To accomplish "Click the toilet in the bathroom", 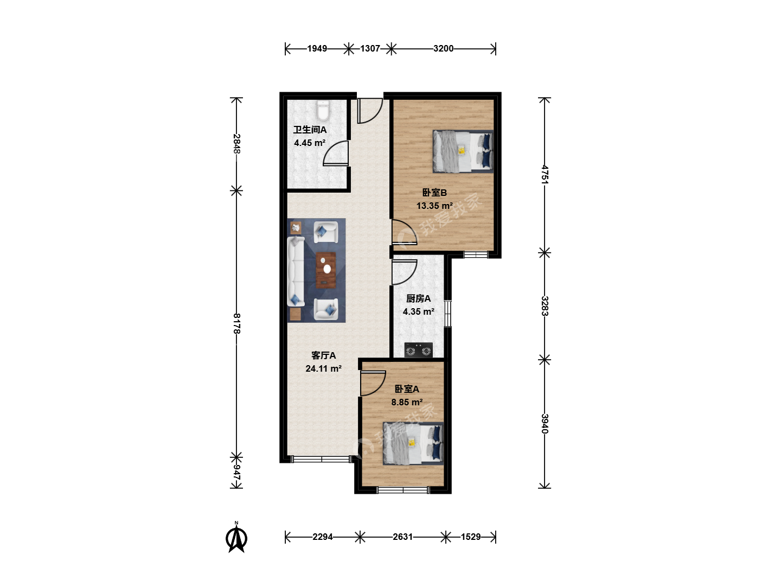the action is (x=323, y=110).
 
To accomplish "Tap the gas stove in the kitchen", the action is (x=418, y=350).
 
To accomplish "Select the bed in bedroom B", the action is (x=463, y=151).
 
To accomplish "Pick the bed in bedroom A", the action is (x=413, y=443).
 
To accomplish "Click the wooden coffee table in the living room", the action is (x=326, y=270).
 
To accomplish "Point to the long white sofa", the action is (x=296, y=272).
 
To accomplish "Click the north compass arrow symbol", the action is (x=236, y=537).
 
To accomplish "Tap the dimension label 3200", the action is (x=443, y=48).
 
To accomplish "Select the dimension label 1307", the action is (x=370, y=48).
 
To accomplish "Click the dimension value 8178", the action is (x=237, y=323).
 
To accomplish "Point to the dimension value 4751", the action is (x=545, y=175).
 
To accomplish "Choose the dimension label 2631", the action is (x=403, y=537).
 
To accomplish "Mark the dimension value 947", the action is (x=237, y=472).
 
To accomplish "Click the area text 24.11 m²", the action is (x=323, y=368).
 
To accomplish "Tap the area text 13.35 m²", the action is (x=434, y=206).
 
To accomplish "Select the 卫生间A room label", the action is (x=310, y=130).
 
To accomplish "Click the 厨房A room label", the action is (x=418, y=298).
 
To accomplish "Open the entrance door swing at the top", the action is (x=370, y=111).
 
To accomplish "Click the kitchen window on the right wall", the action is (x=447, y=314).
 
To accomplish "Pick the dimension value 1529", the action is (x=471, y=537).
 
